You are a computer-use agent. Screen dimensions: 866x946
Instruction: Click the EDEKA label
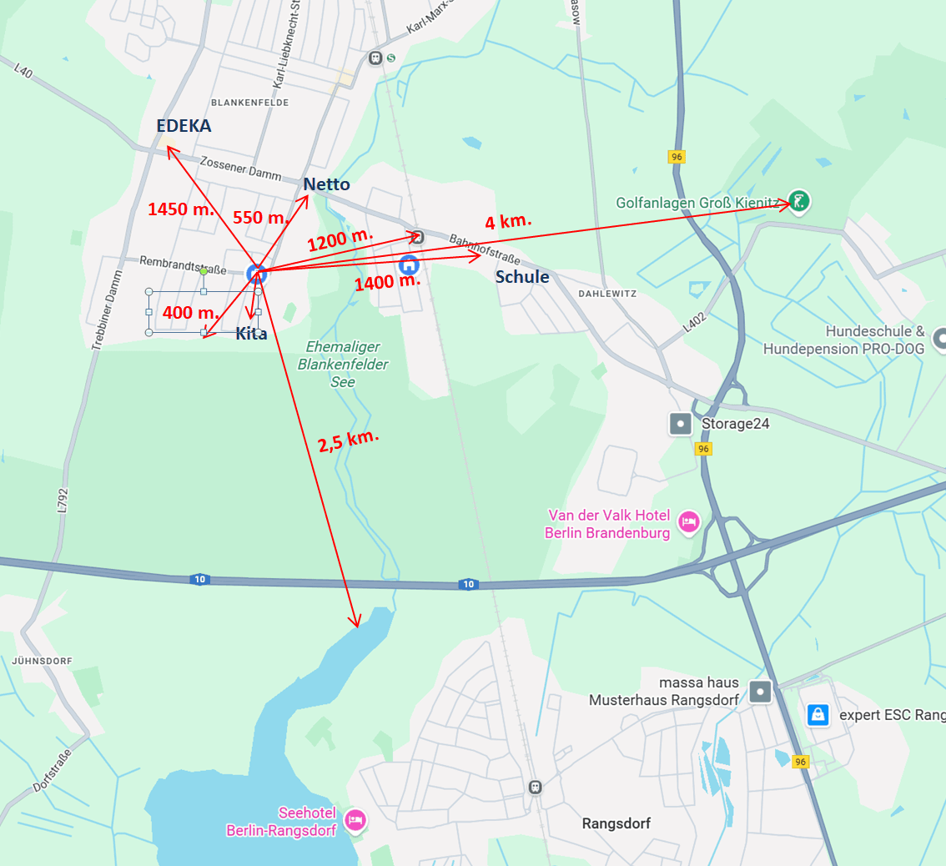tap(184, 126)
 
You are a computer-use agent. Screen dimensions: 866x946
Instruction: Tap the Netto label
tap(326, 184)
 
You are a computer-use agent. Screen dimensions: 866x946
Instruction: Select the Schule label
tap(522, 277)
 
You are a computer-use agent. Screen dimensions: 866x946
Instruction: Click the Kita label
tap(251, 334)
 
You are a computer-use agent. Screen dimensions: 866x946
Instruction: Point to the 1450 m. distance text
tap(181, 209)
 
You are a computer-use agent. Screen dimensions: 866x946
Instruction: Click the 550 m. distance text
tap(260, 218)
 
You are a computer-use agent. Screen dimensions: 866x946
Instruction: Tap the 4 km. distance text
tap(508, 222)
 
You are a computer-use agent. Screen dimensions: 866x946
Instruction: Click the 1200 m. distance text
tap(340, 239)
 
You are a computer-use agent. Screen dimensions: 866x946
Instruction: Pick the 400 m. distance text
tap(190, 313)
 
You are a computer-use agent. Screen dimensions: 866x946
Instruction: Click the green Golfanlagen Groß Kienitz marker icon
tap(799, 201)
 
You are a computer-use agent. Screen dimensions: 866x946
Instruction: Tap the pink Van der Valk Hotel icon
tap(689, 522)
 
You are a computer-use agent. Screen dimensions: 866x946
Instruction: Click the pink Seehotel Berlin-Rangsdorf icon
tap(355, 821)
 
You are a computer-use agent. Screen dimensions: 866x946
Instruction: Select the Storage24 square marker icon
tap(681, 424)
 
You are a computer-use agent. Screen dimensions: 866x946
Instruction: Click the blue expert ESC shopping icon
tap(818, 715)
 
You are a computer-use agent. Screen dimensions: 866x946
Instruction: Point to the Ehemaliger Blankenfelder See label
tap(343, 364)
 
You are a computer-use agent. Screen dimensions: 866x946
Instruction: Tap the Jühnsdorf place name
tap(42, 661)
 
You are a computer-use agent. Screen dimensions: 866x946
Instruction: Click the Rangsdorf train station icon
tap(535, 787)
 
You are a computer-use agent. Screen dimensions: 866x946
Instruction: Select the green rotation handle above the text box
tap(204, 271)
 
